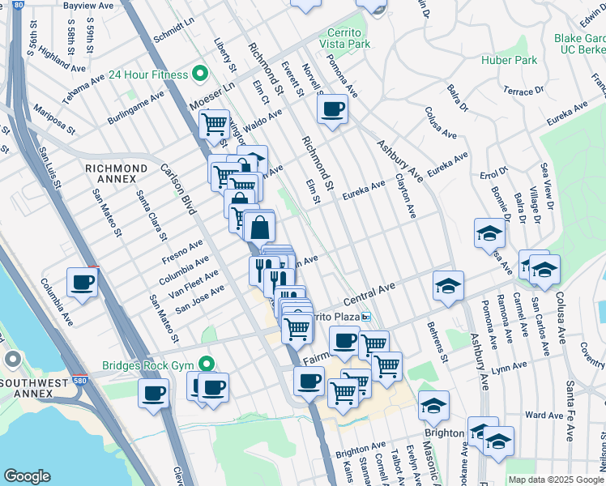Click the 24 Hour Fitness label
(x=145, y=75)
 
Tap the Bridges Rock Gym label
(x=151, y=365)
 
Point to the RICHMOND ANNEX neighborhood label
(x=117, y=168)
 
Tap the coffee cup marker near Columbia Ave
(x=82, y=283)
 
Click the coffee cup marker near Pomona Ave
(x=332, y=109)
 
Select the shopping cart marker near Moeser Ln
(x=213, y=125)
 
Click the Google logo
(x=27, y=475)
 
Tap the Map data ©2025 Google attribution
(x=555, y=480)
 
